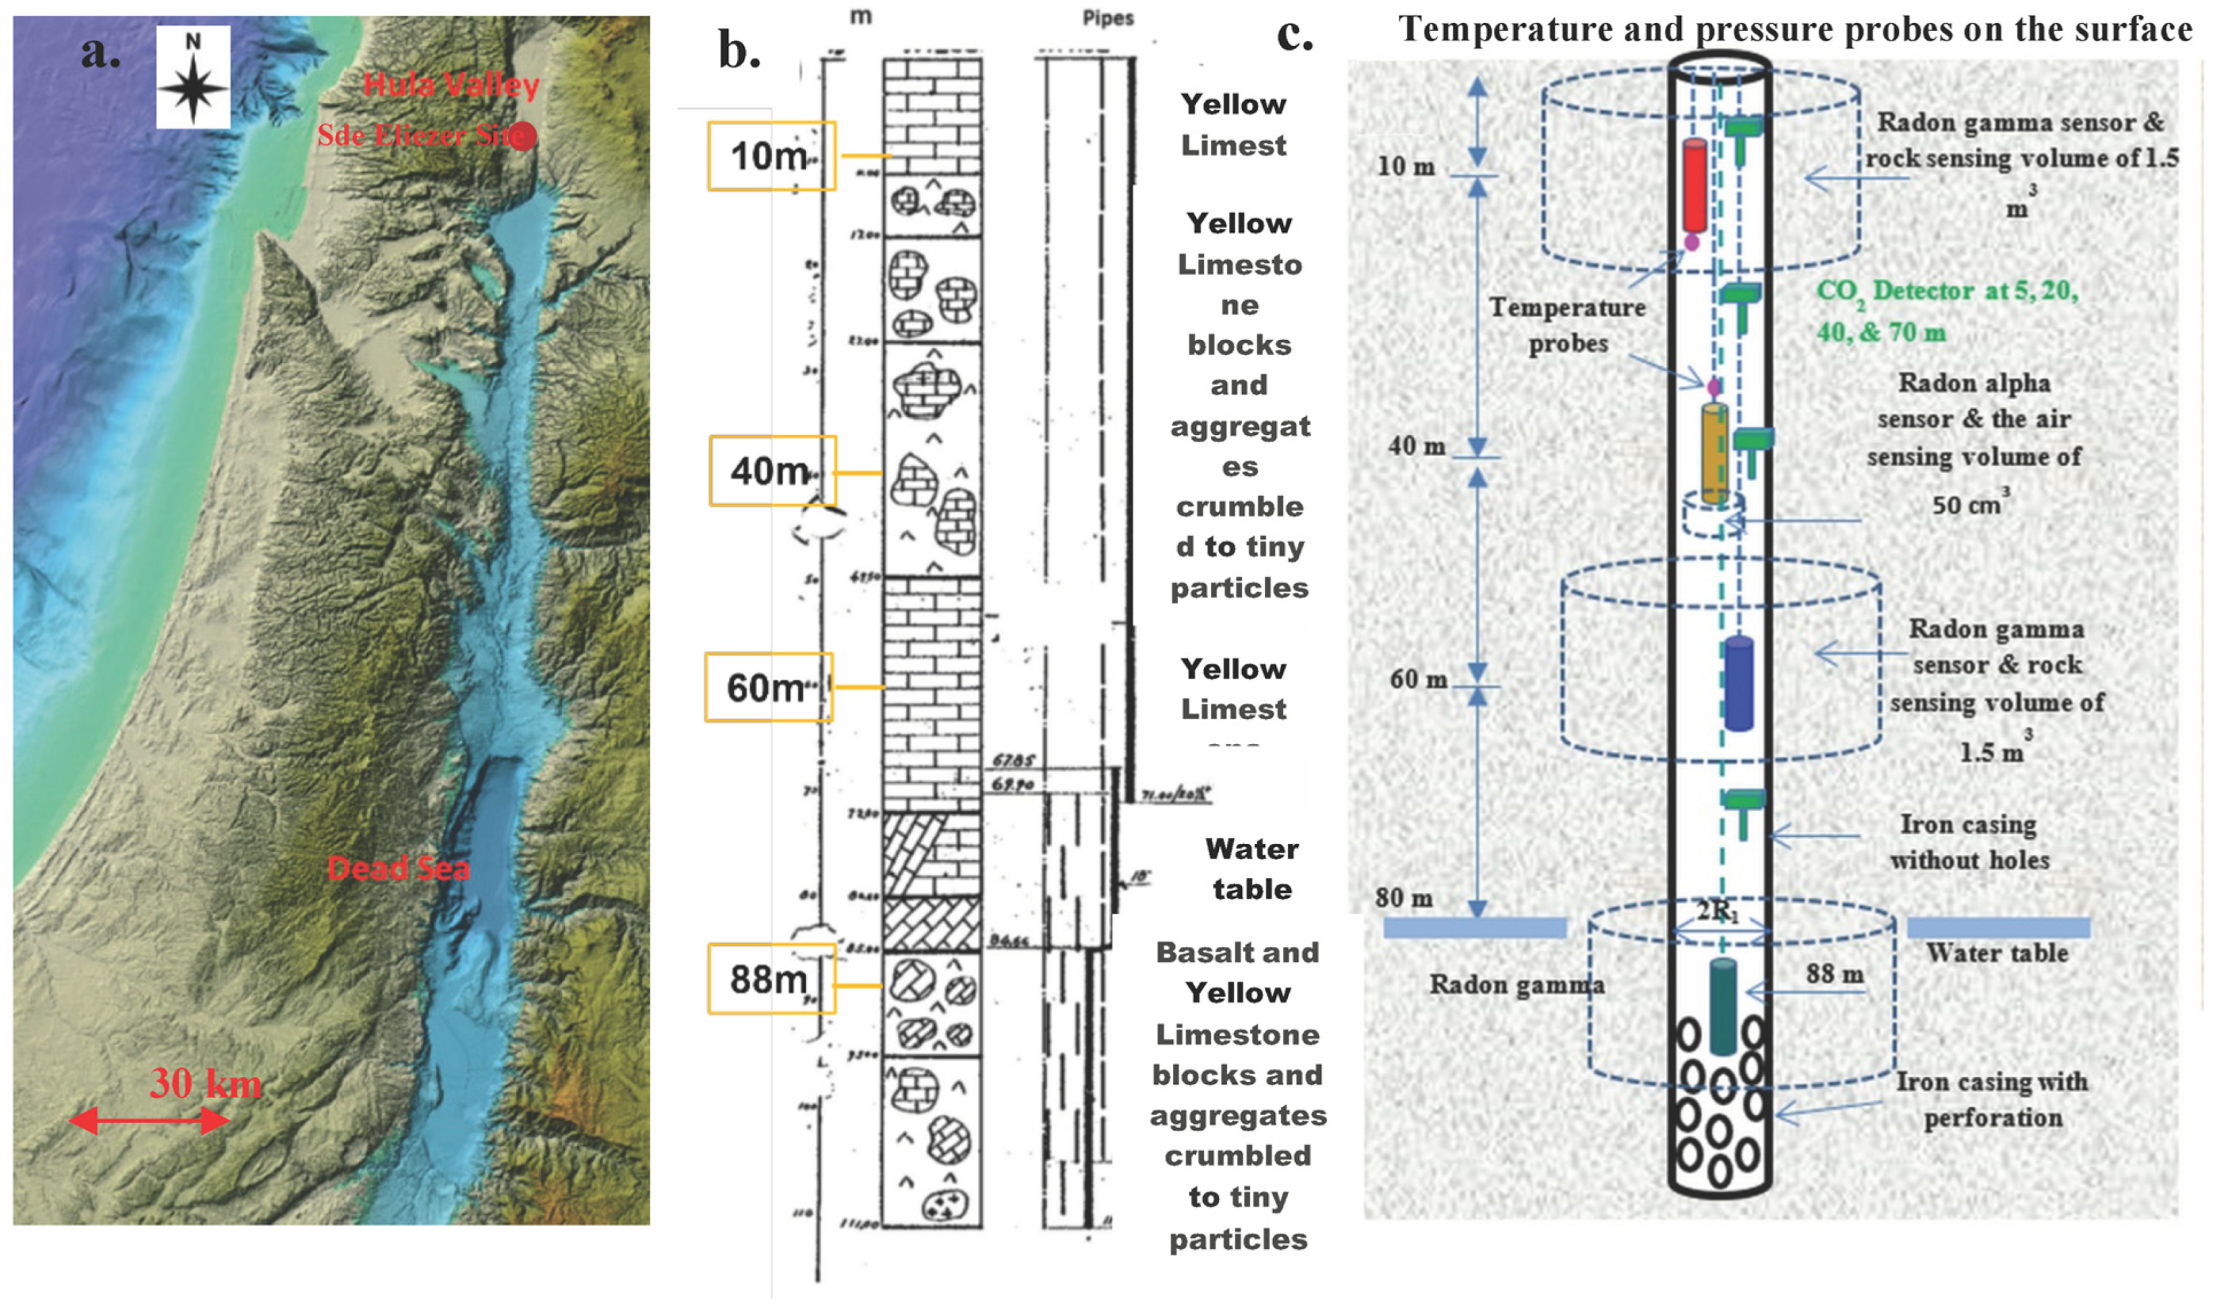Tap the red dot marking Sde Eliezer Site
click(524, 136)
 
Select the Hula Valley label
click(451, 85)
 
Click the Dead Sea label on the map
click(399, 869)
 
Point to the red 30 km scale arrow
click(150, 1120)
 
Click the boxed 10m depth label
click(770, 156)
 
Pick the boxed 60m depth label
click(768, 687)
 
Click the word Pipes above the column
click(1108, 18)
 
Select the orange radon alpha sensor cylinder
click(1714, 454)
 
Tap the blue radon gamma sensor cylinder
click(1739, 685)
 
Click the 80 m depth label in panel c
click(1404, 898)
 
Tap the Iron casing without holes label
click(1968, 842)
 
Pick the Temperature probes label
click(1568, 325)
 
